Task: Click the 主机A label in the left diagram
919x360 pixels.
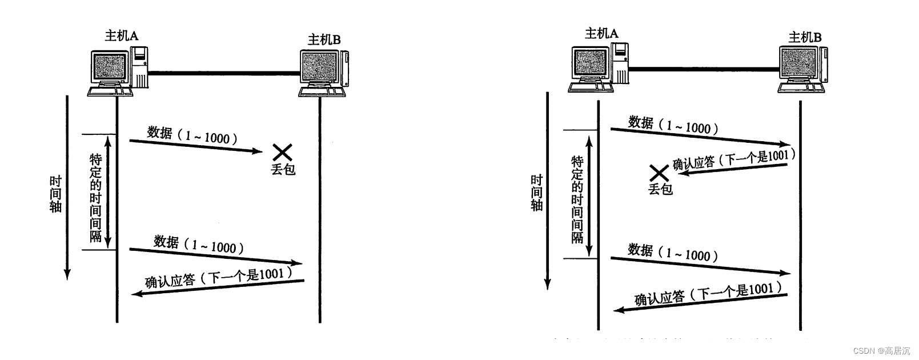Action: [121, 36]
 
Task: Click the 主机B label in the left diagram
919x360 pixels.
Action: [324, 39]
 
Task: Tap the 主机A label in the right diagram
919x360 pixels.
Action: [601, 34]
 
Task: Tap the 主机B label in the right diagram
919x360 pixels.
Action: [805, 37]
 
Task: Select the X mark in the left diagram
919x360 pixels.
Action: [282, 151]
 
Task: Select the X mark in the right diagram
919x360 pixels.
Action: [659, 172]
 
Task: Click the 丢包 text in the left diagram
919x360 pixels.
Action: [283, 169]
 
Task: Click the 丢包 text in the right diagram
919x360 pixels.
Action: [660, 189]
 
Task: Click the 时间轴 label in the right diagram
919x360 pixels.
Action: [536, 193]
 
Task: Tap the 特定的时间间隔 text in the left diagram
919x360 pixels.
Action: [95, 197]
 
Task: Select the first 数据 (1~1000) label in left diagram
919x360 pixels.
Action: [191, 135]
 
